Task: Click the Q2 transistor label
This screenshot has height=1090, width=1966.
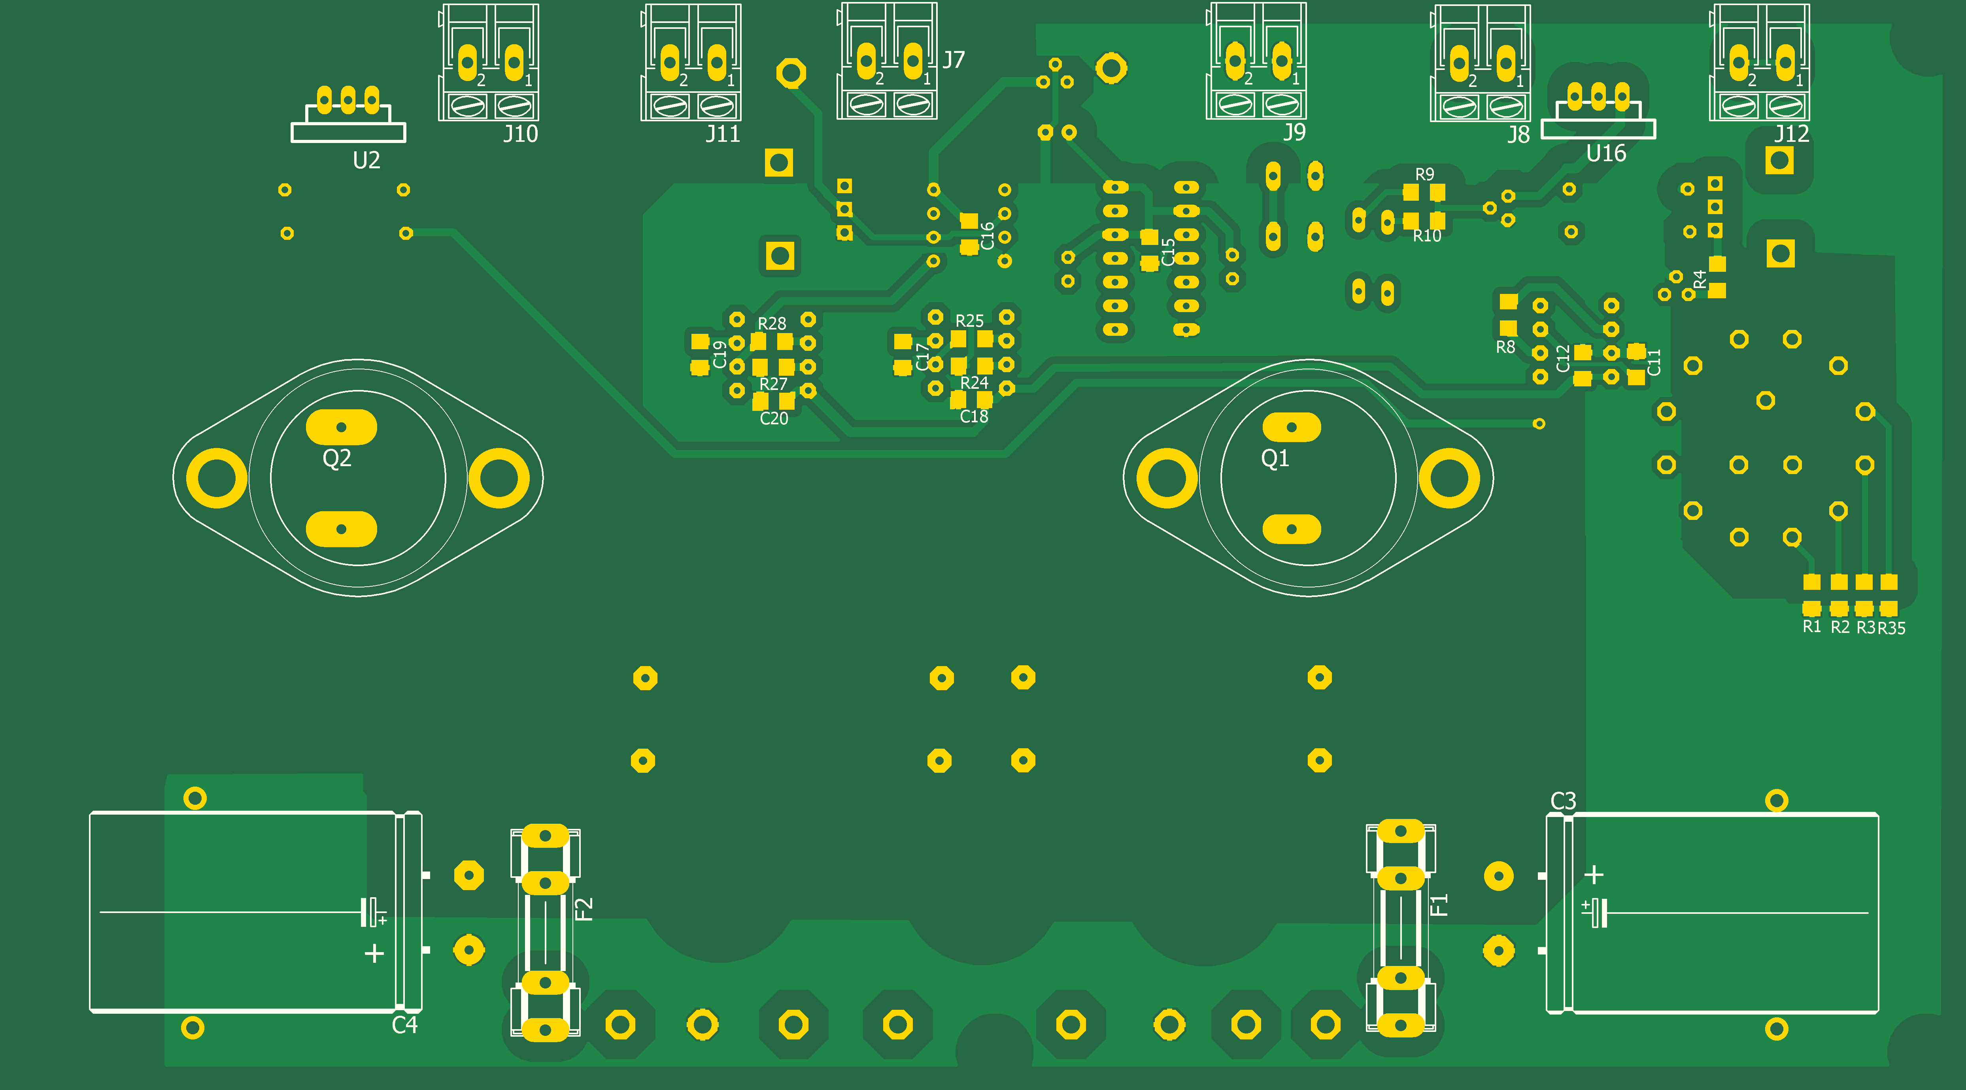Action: pos(336,458)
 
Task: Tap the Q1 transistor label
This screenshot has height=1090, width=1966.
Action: pos(1275,458)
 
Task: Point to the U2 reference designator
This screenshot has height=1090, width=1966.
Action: pos(366,160)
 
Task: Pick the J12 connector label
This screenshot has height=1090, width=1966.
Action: pos(1791,134)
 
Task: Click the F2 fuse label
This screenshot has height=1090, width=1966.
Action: pos(584,909)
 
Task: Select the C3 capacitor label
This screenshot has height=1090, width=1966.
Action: pos(1563,801)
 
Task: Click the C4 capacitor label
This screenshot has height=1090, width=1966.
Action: pos(404,1024)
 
